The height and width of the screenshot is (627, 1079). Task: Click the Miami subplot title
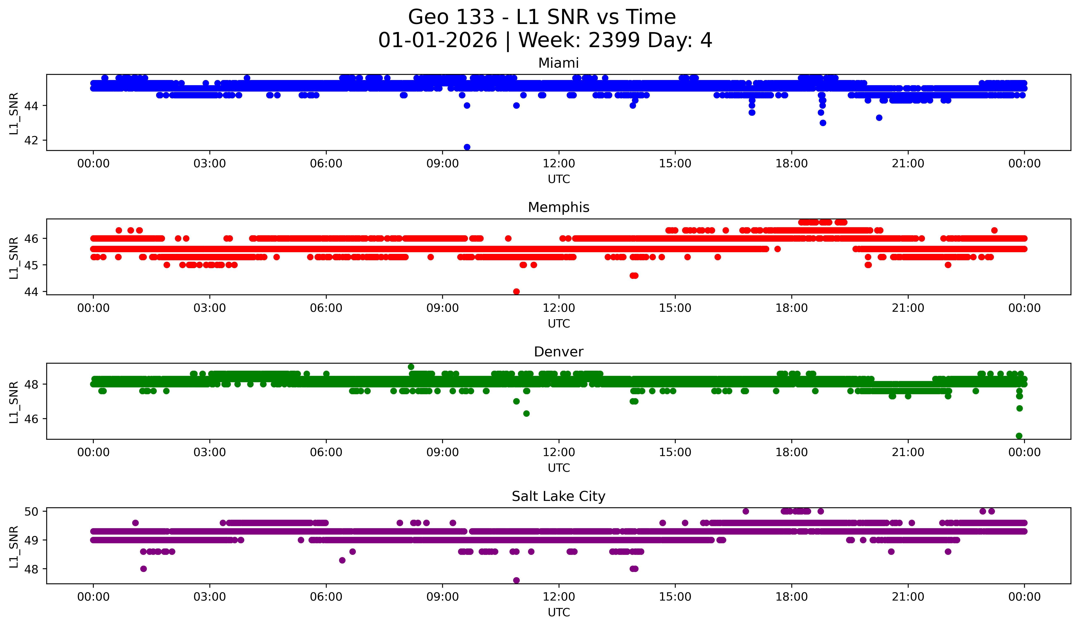click(558, 63)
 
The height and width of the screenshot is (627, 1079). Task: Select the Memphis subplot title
click(558, 207)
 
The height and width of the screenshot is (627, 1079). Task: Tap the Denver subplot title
click(558, 352)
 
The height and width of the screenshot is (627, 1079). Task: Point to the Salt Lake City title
click(558, 496)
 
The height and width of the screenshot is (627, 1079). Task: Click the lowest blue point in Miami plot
click(467, 147)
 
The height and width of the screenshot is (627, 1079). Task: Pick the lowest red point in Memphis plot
click(516, 291)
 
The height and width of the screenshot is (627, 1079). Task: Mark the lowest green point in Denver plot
click(1019, 436)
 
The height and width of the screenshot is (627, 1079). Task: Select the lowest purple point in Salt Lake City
click(516, 580)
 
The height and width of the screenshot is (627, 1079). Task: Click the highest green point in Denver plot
click(411, 367)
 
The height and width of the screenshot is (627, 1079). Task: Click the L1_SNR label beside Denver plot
click(14, 402)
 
